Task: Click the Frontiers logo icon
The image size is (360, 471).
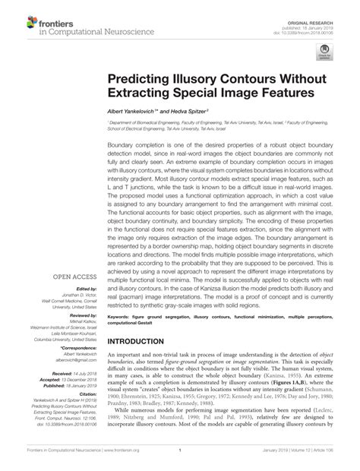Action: tap(17, 18)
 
